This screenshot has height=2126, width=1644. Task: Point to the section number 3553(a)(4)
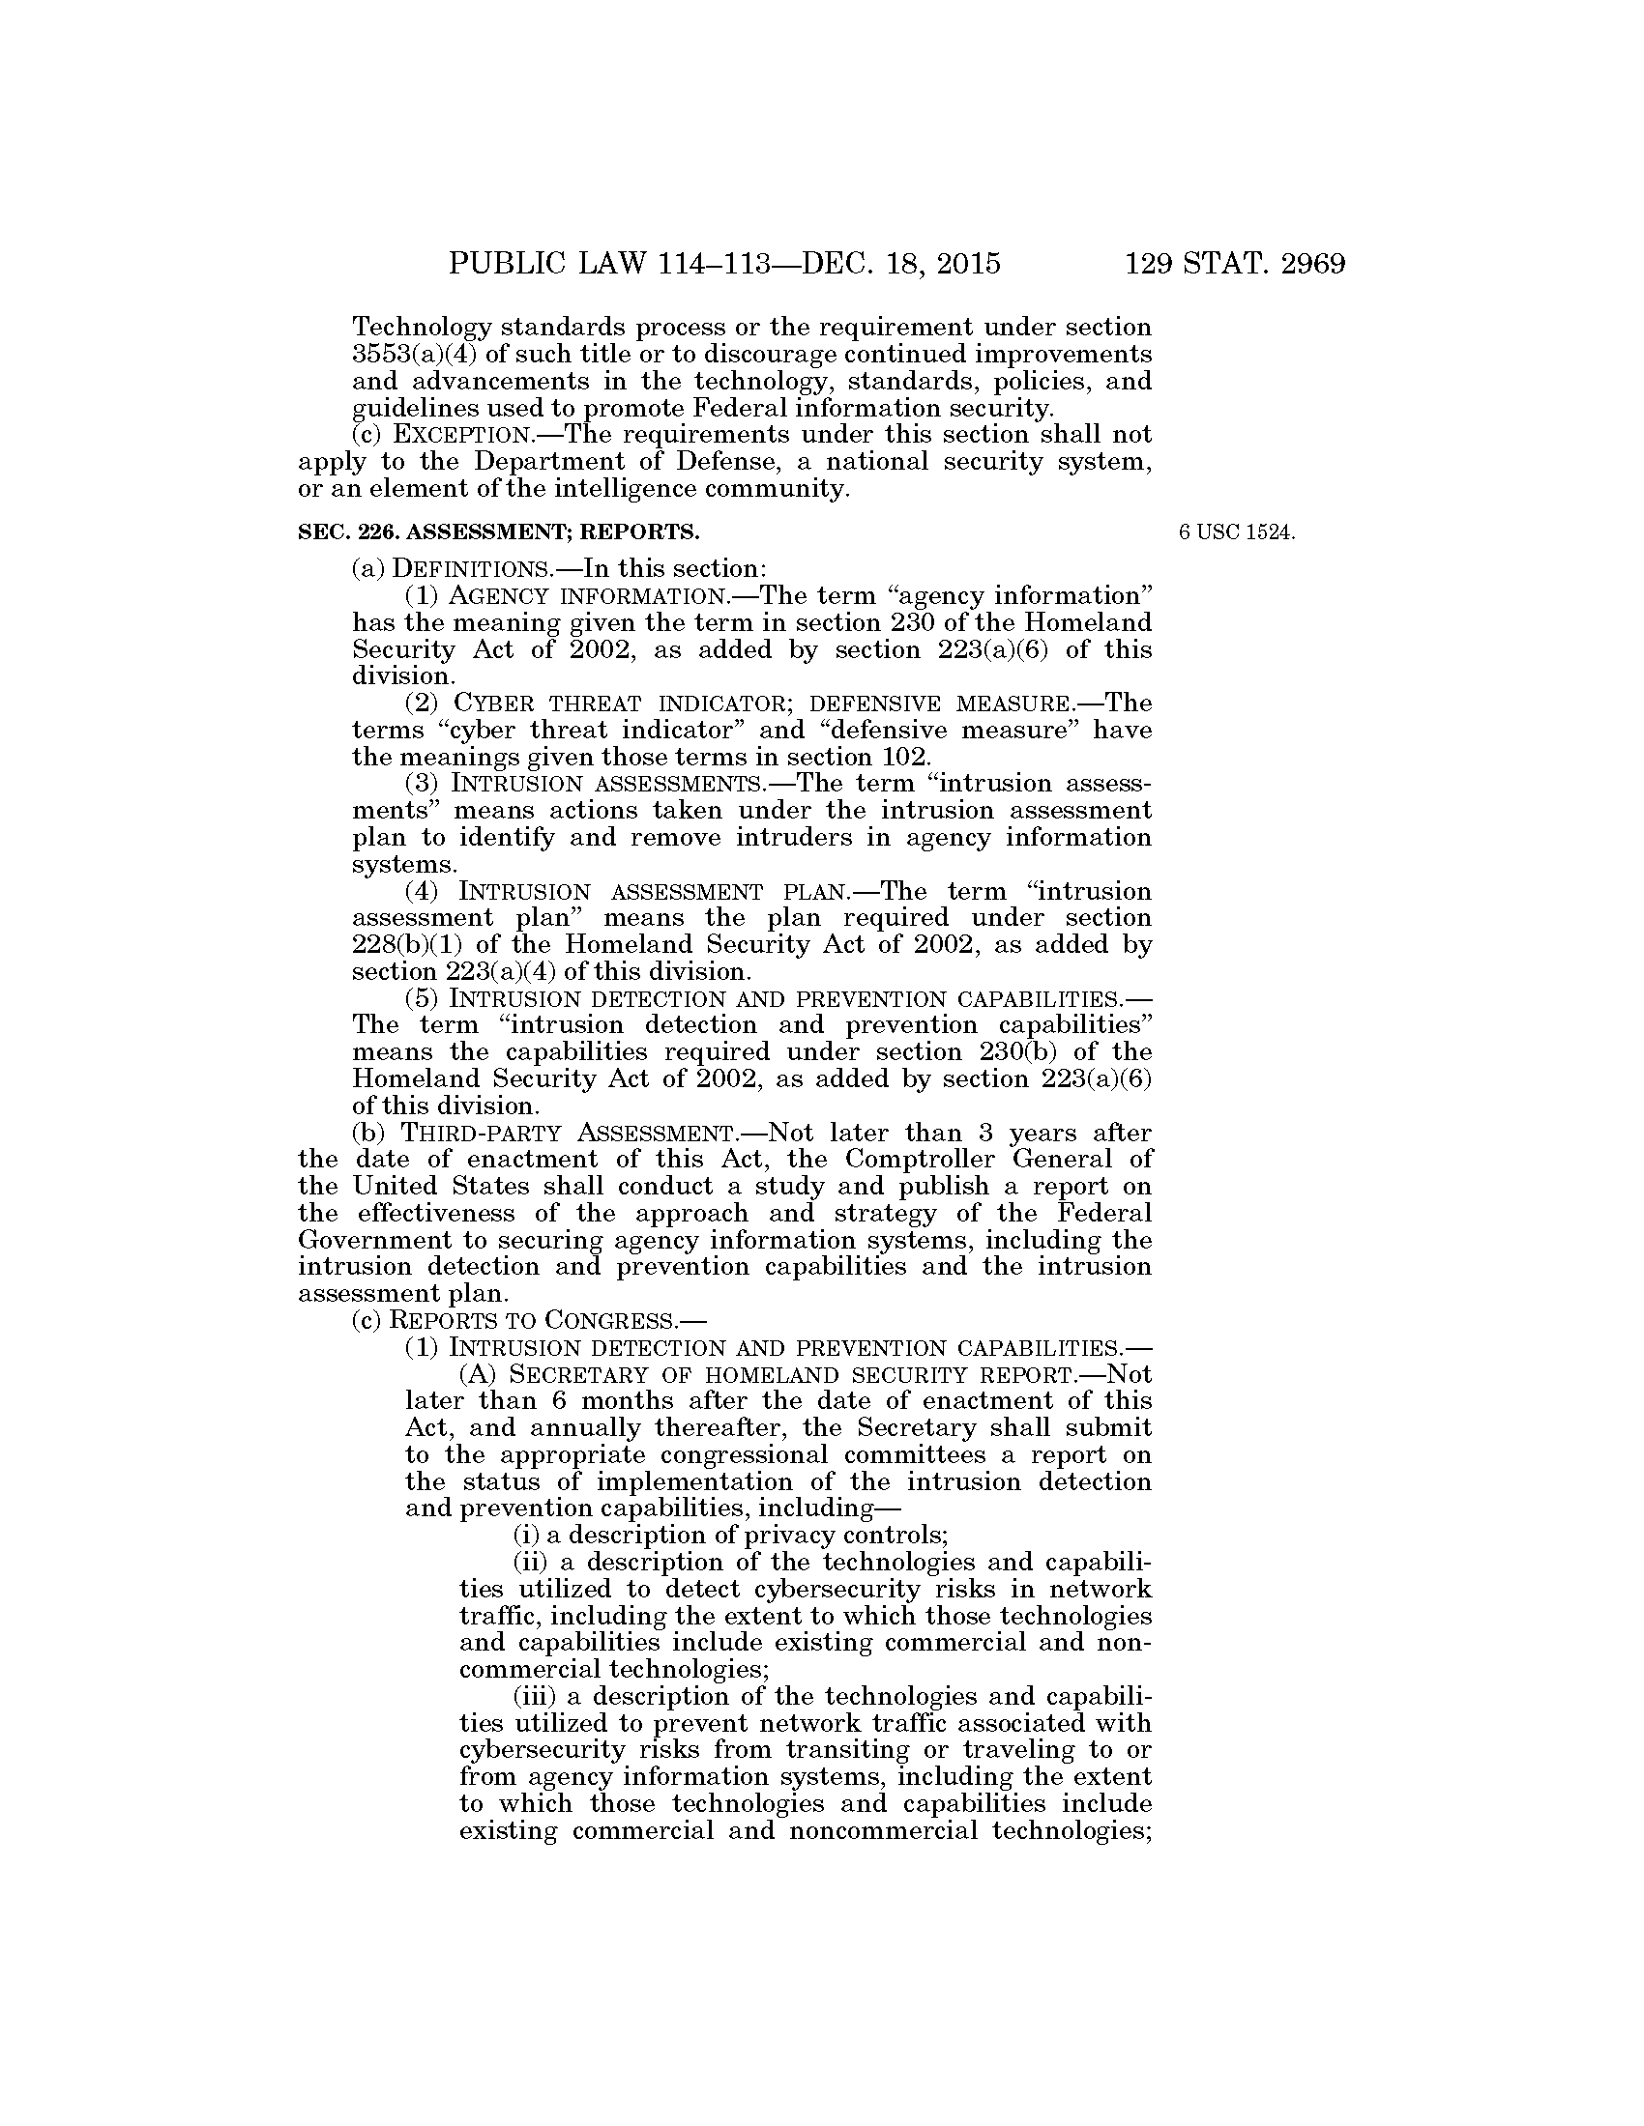[409, 355]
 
